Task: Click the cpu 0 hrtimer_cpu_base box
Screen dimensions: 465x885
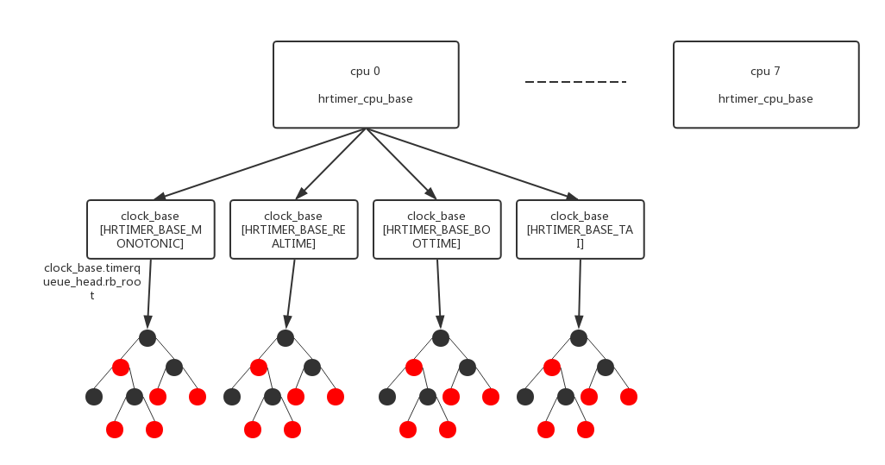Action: click(x=366, y=85)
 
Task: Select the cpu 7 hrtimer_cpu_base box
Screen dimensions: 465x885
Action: click(x=766, y=85)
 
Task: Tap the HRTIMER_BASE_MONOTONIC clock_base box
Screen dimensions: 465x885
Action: click(x=150, y=229)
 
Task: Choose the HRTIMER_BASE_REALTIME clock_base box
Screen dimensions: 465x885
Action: click(x=293, y=229)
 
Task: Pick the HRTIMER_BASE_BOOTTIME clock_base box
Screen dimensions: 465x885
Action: click(x=436, y=229)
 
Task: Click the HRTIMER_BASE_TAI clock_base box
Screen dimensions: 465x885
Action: click(x=580, y=229)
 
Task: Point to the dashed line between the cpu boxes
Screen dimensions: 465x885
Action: click(x=575, y=82)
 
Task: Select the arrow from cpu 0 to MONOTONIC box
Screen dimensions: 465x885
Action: click(x=259, y=164)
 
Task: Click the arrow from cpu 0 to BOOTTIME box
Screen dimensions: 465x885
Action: click(x=402, y=164)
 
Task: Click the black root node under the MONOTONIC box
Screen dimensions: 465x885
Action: click(x=147, y=338)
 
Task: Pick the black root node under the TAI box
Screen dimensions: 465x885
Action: click(x=579, y=338)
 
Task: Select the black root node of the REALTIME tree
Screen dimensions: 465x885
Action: click(x=286, y=338)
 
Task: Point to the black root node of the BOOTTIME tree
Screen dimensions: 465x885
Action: click(x=441, y=338)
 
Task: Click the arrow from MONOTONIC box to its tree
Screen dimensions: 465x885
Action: click(x=149, y=293)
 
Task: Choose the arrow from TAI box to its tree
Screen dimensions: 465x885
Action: click(x=580, y=293)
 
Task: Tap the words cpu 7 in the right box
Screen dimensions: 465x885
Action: click(x=765, y=71)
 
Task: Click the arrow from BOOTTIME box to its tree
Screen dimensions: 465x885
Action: click(x=439, y=293)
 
